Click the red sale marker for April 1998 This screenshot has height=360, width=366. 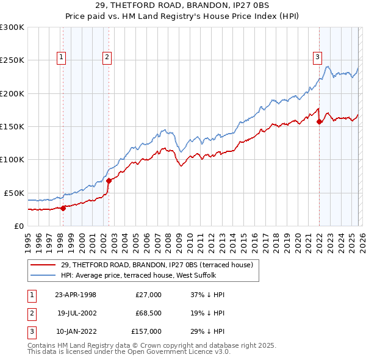63,208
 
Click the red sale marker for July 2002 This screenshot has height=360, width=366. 109,181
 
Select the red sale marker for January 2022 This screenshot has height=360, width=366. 319,122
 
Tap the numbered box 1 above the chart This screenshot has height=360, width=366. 62,57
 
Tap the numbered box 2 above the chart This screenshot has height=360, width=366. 107,57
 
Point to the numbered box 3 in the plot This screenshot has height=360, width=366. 317,57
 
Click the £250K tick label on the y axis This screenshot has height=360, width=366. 12,60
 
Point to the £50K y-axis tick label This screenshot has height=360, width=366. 14,193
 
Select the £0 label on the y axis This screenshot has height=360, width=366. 19,226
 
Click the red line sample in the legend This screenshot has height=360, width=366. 43,265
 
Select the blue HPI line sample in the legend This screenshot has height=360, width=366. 43,275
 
